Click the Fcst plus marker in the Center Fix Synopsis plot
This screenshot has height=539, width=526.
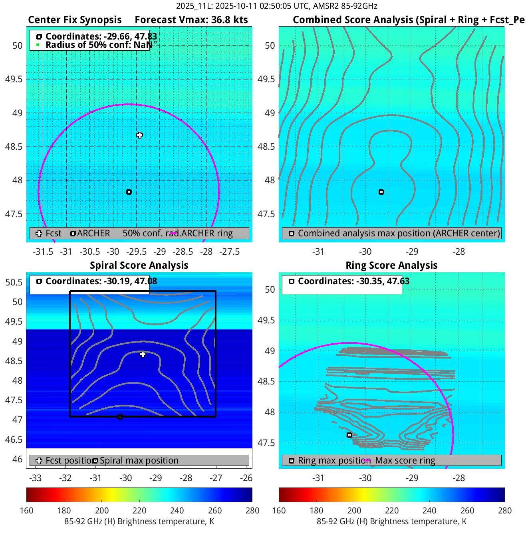click(x=139, y=135)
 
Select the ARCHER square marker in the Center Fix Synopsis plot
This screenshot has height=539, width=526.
click(x=129, y=192)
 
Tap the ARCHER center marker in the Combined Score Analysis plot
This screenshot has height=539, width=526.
click(x=381, y=192)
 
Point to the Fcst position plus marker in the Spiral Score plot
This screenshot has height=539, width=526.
click(x=143, y=354)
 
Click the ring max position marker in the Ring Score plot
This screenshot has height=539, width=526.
click(x=349, y=435)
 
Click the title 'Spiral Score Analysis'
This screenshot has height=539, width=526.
click(x=139, y=266)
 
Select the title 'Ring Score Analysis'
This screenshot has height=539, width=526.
click(x=391, y=266)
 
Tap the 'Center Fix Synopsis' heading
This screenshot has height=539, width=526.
click(x=75, y=20)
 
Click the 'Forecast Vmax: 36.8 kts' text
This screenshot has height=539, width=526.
click(x=191, y=20)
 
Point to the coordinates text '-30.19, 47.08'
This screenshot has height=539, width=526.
click(x=130, y=281)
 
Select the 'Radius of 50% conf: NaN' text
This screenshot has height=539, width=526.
click(x=99, y=45)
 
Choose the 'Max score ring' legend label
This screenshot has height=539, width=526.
click(x=405, y=460)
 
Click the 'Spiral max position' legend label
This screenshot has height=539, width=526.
click(x=139, y=460)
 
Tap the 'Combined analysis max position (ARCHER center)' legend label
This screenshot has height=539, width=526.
click(x=399, y=233)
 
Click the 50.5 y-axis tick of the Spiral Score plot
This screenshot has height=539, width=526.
click(x=14, y=282)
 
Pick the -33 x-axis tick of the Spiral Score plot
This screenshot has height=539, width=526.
click(x=36, y=478)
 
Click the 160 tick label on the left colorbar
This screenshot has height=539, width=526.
click(x=26, y=511)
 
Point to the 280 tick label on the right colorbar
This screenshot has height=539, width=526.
click(x=504, y=511)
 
